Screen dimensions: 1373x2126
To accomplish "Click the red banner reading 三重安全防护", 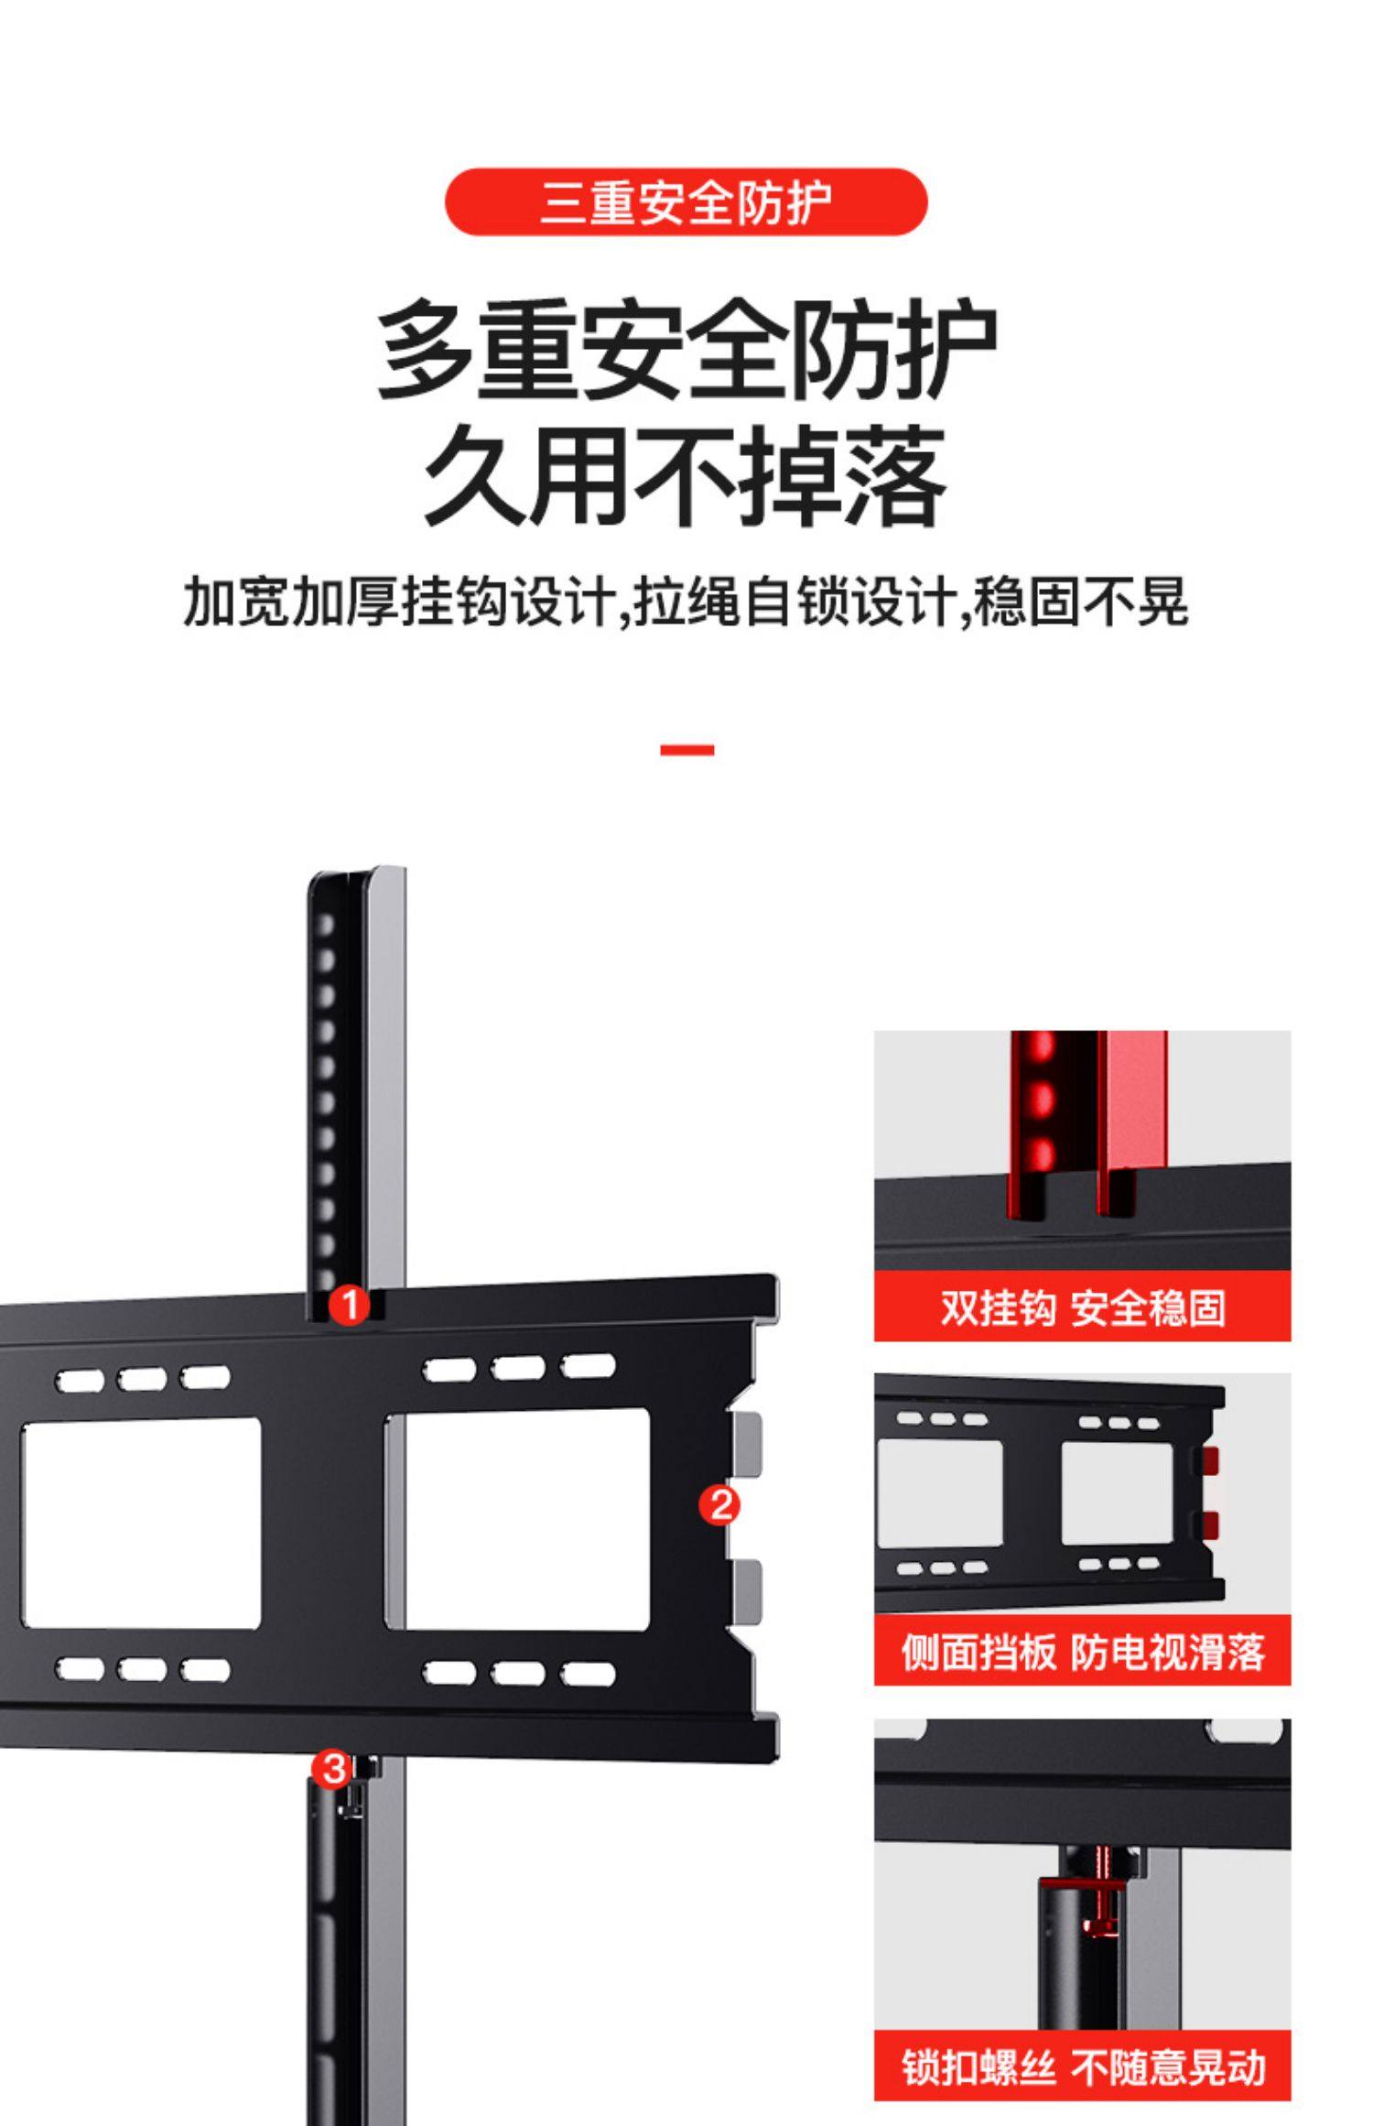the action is (686, 202).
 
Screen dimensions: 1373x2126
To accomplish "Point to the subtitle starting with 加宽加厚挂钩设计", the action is (686, 602).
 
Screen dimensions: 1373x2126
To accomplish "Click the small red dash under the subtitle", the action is (686, 750).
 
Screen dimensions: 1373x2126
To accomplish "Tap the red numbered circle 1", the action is (349, 1304).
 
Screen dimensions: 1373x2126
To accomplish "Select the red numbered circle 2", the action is (719, 1505).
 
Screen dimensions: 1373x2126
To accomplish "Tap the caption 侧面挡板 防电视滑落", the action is (1082, 1653).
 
